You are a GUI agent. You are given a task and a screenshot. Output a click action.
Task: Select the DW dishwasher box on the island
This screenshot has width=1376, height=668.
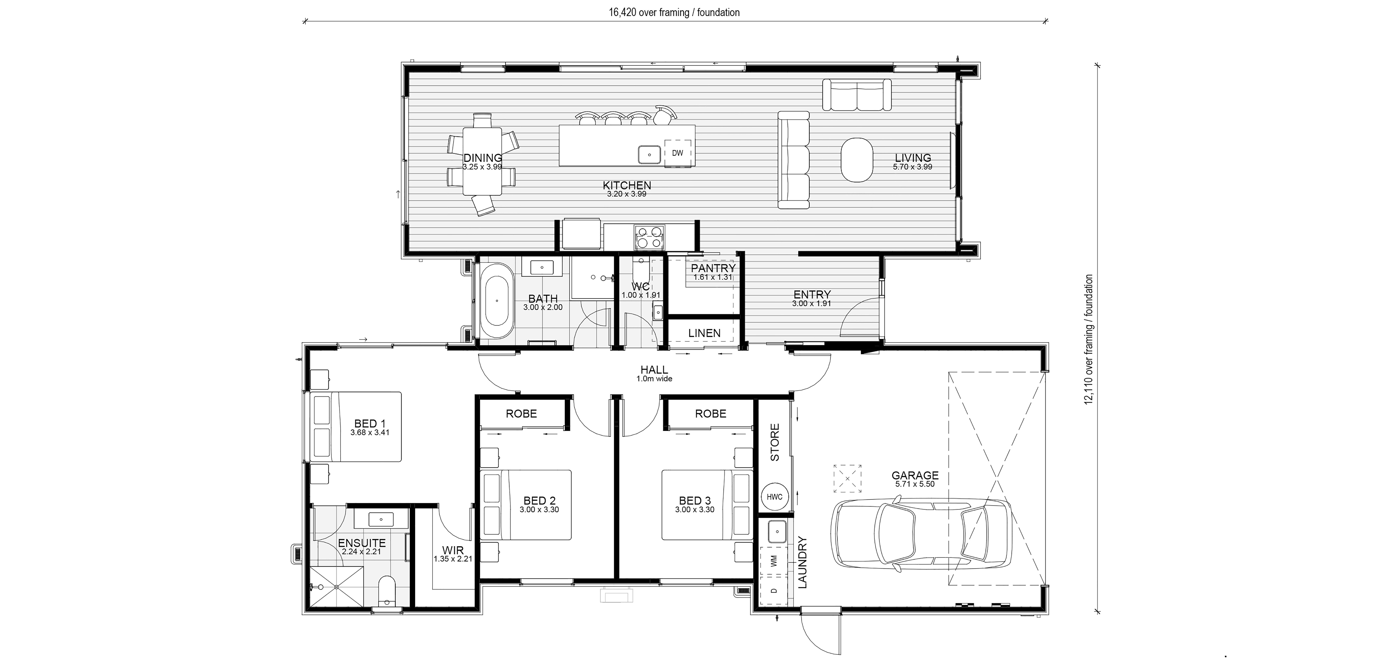pos(677,153)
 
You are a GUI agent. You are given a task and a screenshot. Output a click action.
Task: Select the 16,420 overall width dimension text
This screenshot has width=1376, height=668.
pos(674,12)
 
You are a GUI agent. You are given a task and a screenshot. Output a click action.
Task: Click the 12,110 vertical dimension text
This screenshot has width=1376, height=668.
pos(1089,347)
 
